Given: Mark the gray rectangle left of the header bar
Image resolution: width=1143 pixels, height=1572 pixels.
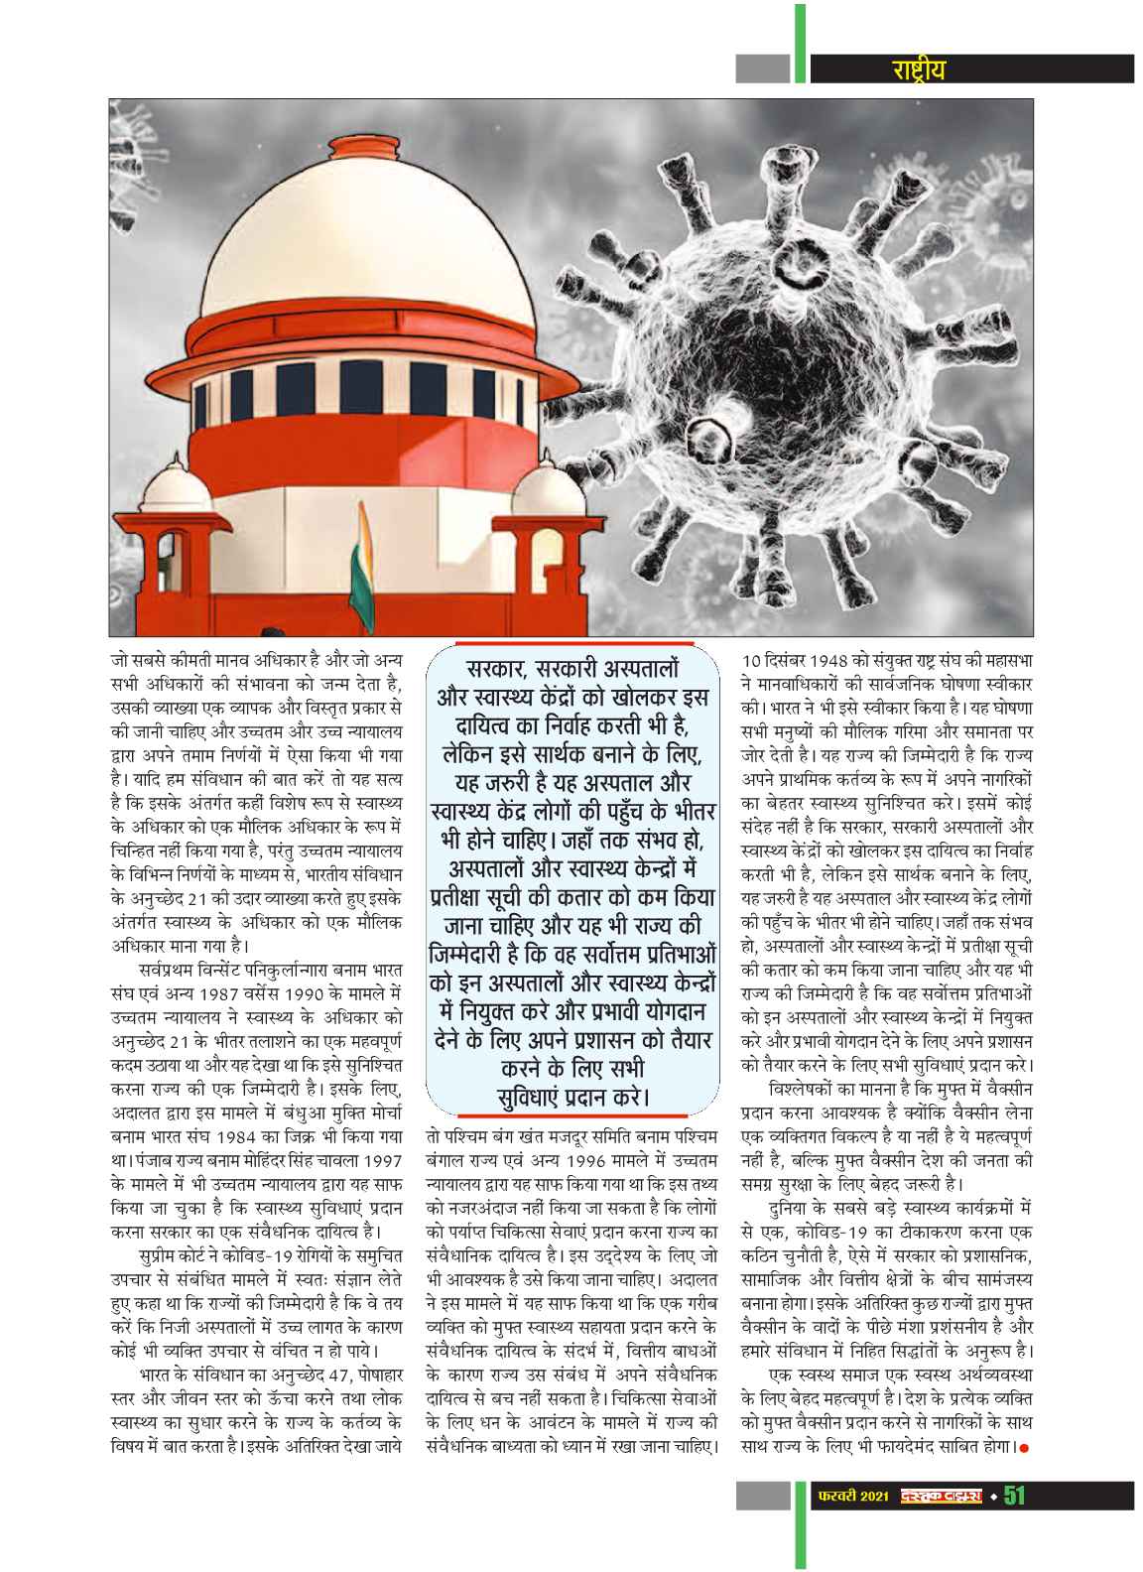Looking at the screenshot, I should point(763,68).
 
